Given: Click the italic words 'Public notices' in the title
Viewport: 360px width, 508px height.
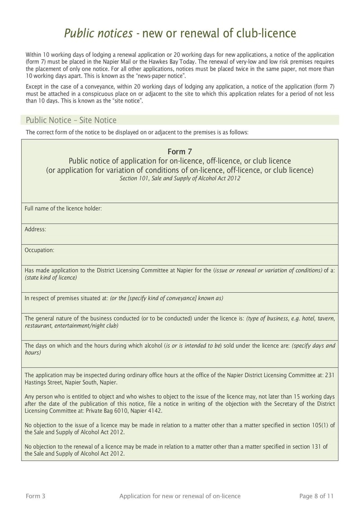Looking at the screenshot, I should [x=98, y=33].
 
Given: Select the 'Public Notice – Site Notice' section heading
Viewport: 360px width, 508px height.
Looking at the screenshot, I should [x=71, y=120].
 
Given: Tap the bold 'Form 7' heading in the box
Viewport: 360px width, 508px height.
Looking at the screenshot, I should [x=180, y=152].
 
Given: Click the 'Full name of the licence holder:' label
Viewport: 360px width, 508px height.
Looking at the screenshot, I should [x=63, y=209].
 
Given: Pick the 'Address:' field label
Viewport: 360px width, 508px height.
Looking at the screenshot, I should [x=36, y=229].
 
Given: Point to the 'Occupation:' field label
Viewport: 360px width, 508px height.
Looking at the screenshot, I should [x=40, y=250].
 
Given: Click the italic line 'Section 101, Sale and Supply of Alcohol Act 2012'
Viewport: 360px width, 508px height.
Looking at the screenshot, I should [x=180, y=178].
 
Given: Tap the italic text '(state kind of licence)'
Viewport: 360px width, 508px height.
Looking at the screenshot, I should [x=51, y=277].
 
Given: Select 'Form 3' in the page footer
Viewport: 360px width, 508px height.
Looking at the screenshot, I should [x=36, y=496].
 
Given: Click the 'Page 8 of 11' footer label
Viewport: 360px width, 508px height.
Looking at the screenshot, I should [x=316, y=496].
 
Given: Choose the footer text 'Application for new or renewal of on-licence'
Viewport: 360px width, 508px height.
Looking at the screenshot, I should [x=180, y=496].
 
